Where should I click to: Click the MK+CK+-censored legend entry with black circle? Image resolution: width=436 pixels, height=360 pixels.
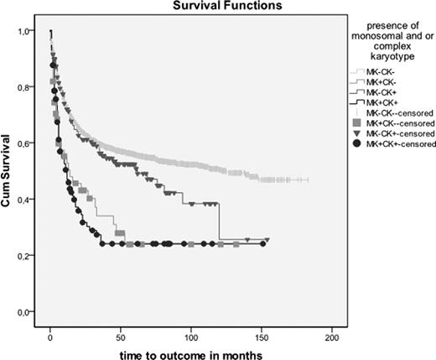[x=387, y=144]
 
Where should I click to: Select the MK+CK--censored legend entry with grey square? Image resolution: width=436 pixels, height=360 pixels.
[x=387, y=123]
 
